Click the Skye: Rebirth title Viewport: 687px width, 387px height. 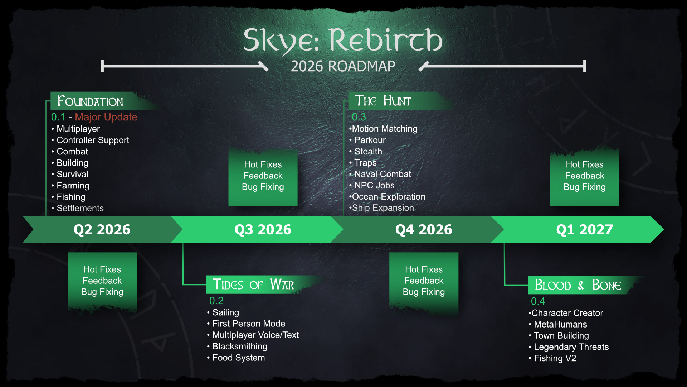click(343, 40)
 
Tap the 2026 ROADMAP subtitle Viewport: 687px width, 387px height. click(343, 66)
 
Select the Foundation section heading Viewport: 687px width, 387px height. click(90, 101)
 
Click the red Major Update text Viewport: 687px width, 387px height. click(106, 117)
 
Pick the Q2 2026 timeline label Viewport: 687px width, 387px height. click(102, 229)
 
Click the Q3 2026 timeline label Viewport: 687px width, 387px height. click(263, 229)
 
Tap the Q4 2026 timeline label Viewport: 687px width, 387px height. click(424, 229)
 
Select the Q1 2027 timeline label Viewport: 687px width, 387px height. click(584, 229)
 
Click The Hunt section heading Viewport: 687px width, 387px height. click(383, 101)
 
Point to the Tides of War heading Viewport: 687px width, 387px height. click(253, 285)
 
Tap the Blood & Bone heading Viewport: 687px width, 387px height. click(578, 285)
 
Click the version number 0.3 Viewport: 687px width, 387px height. click(359, 117)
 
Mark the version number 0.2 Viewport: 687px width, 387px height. click(216, 301)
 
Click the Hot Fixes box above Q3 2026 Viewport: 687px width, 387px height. click(263, 176)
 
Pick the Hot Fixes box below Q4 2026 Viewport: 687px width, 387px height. click(424, 281)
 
